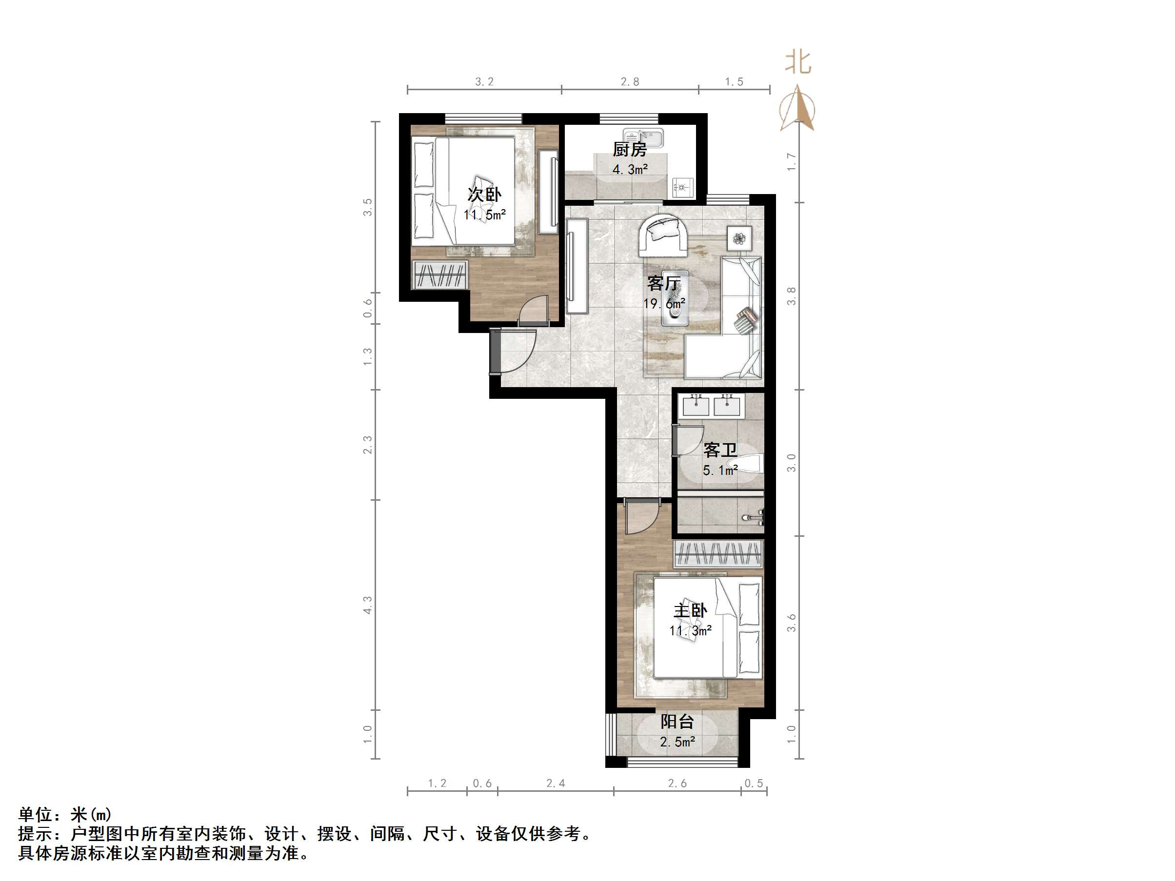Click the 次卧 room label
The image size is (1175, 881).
pos(484,195)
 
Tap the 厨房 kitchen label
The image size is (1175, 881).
pos(630,150)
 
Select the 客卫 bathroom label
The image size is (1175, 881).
pos(720,450)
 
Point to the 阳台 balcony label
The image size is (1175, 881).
pos(677,722)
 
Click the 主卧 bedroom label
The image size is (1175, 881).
pos(690,611)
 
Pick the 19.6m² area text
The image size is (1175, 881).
pos(664,304)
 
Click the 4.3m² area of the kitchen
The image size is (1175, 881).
pos(630,169)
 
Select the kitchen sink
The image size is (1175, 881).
pos(643,138)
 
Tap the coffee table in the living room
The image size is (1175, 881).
pos(675,298)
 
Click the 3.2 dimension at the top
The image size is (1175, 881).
pos(484,82)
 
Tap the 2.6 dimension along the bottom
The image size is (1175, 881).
pos(677,783)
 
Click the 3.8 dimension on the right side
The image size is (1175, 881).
pos(792,296)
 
